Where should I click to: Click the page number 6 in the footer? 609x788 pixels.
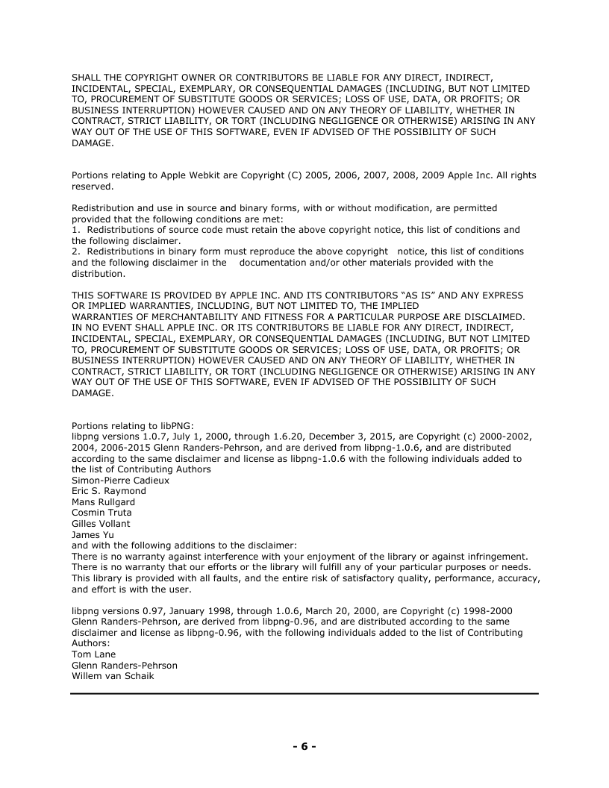pyautogui.click(x=304, y=746)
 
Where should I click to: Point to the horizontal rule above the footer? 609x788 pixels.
pyautogui.click(x=304, y=694)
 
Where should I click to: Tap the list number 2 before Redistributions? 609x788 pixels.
pyautogui.click(x=75, y=251)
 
